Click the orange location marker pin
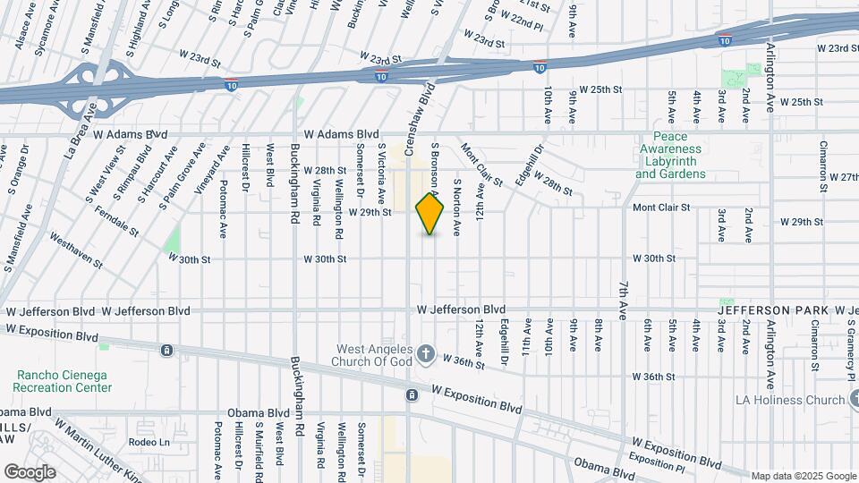(x=430, y=214)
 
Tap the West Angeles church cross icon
(x=425, y=354)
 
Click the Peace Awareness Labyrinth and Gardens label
(x=671, y=157)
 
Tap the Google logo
(x=30, y=471)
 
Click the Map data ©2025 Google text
(x=802, y=476)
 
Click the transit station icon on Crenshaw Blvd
(x=412, y=394)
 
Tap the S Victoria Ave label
(x=381, y=170)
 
